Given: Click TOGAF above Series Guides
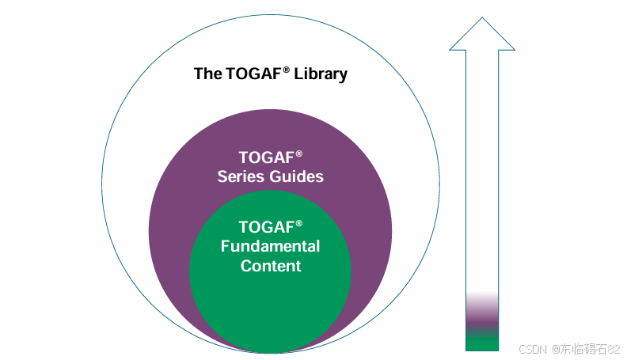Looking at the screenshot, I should pos(266,157).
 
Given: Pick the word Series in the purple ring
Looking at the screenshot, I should pos(241,176).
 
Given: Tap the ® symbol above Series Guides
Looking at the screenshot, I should pos(299,153).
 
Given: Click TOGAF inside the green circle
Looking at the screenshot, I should pos(266,227).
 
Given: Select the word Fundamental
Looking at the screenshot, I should pos(270,246).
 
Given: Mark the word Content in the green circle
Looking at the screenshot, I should pos(271,266).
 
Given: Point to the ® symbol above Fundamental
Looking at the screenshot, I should pos(299,223).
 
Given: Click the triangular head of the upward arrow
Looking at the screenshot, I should pos(482,36).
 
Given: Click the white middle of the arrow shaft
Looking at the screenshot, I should pos(482,174).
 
